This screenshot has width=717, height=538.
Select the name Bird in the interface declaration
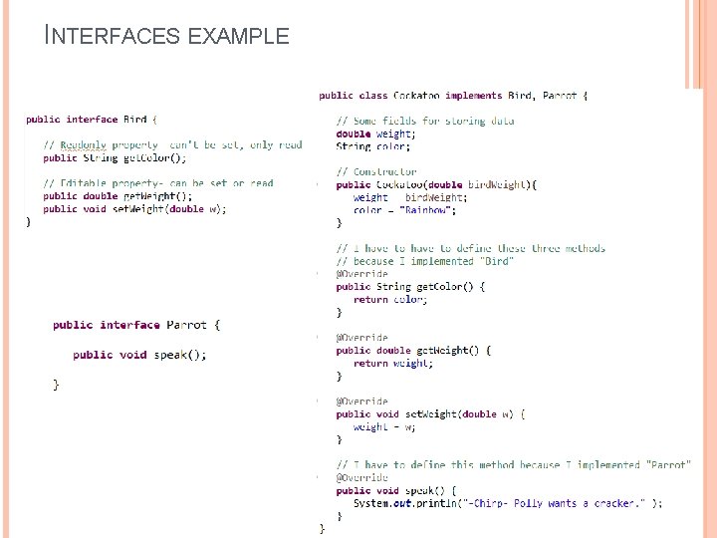click(134, 120)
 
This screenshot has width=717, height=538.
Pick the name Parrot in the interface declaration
click(186, 325)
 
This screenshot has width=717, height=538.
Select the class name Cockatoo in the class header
click(418, 96)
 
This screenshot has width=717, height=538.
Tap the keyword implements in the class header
click(474, 96)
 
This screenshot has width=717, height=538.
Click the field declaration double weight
click(374, 134)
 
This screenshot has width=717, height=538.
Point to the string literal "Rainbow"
click(429, 210)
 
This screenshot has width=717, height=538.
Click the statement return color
click(390, 300)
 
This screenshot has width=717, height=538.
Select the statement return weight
click(393, 364)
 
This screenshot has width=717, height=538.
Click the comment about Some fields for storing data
click(425, 122)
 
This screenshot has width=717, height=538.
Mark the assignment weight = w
click(384, 427)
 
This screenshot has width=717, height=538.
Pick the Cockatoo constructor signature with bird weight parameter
click(436, 184)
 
